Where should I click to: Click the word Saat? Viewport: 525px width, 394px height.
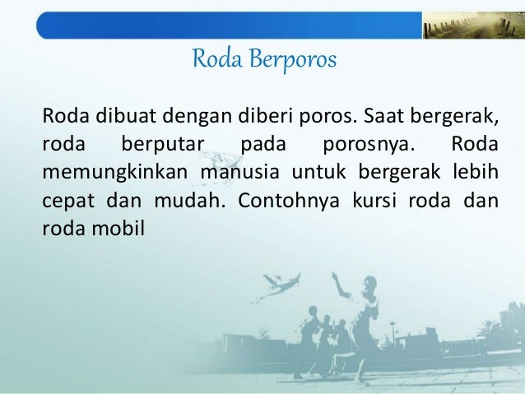pos(363,118)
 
